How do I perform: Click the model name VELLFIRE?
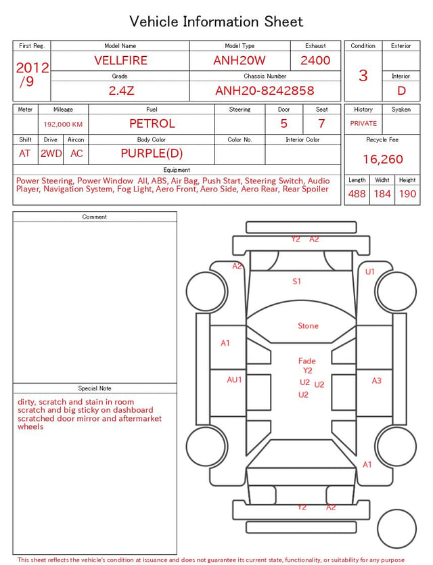[x=120, y=60]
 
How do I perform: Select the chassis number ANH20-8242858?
[x=265, y=91]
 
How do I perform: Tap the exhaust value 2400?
[x=315, y=60]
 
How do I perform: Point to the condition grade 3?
[x=363, y=75]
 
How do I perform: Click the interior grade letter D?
[x=401, y=91]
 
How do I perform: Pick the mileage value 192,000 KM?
[x=63, y=125]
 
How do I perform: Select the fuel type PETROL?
[x=152, y=124]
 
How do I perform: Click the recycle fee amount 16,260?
[x=382, y=159]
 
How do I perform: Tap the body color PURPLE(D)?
[x=152, y=154]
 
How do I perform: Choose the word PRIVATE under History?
[x=363, y=123]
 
